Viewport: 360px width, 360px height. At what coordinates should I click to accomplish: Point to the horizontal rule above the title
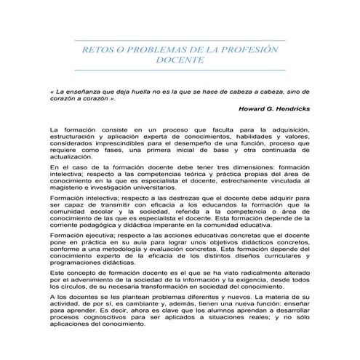point(180,40)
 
